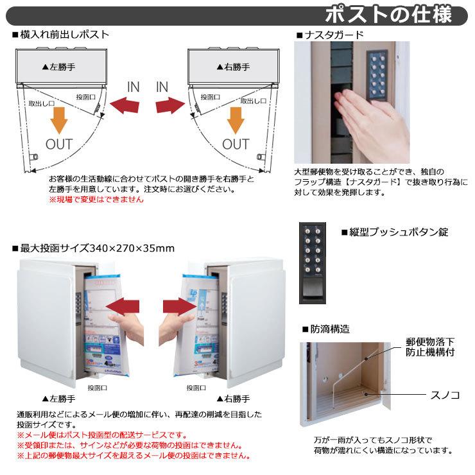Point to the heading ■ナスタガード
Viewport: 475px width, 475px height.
tap(330, 35)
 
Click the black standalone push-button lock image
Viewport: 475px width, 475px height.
tap(315, 263)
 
